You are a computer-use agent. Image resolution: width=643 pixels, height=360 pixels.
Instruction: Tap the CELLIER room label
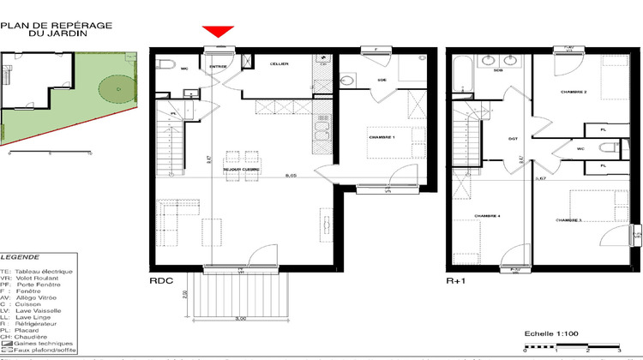pos(279,64)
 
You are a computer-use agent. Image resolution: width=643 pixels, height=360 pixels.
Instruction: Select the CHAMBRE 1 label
pos(381,137)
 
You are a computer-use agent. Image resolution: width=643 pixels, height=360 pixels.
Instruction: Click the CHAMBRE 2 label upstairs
pos(573,91)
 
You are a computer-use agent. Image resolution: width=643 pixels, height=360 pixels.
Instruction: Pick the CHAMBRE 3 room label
pos(568,220)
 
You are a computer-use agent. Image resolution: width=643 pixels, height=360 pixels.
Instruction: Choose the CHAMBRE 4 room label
pos(487,216)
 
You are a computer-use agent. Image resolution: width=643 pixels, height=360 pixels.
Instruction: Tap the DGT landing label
pos(514,138)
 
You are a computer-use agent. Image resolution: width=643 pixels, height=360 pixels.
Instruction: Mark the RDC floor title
pos(161,280)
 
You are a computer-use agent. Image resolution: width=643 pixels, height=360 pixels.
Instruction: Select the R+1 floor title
pos(455,280)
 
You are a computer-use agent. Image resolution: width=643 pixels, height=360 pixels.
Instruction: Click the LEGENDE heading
pos(19,256)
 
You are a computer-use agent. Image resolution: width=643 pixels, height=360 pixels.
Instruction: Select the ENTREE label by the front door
pos(219,65)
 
